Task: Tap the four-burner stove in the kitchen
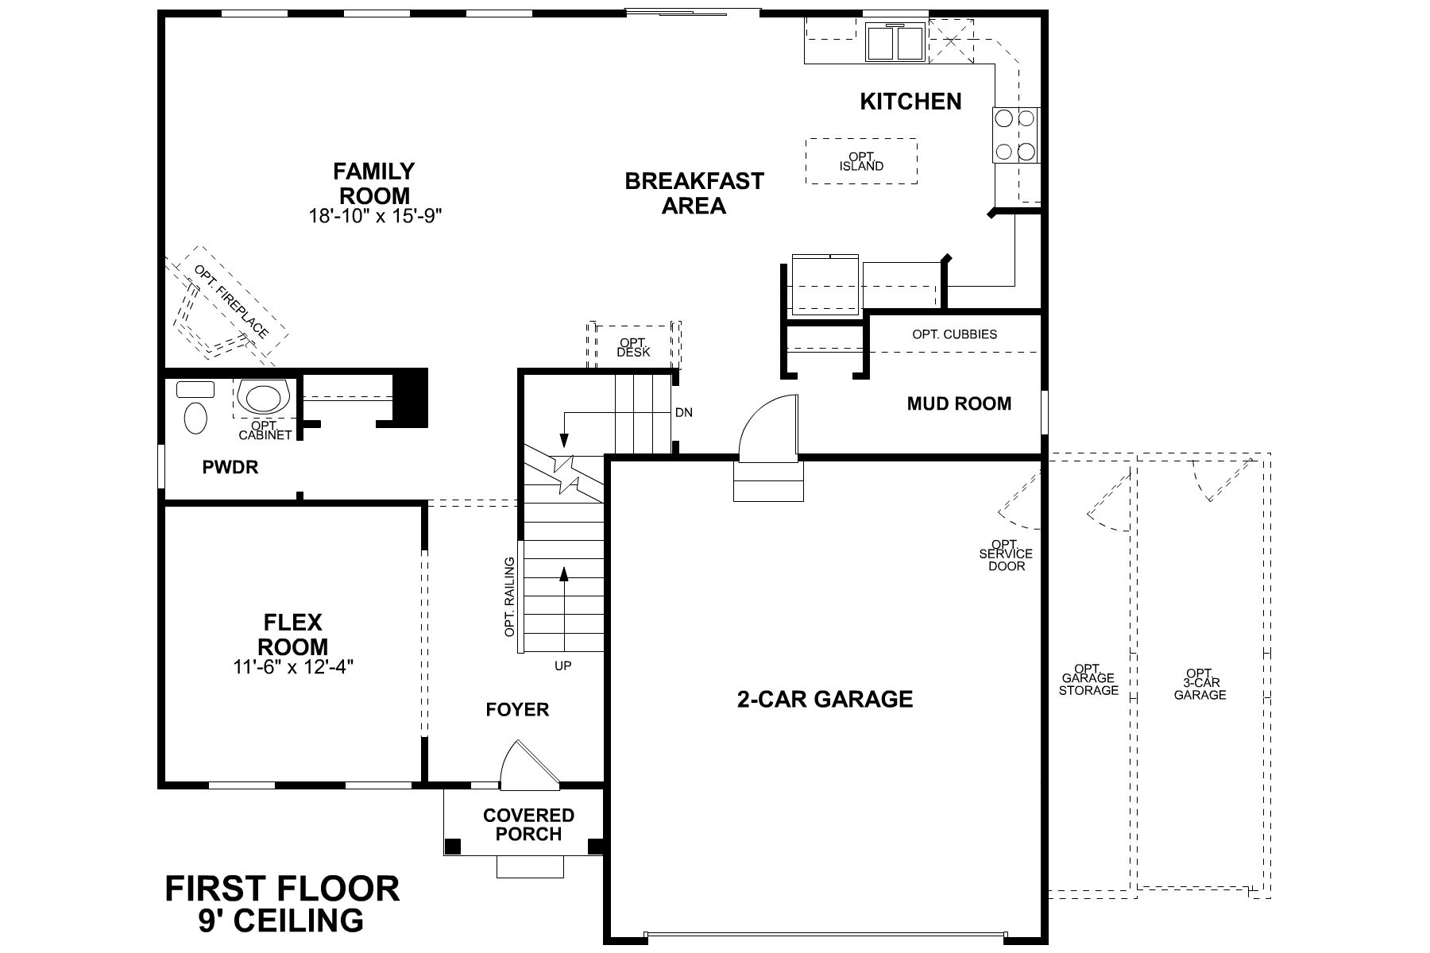[x=1015, y=135]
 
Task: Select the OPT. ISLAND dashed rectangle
[x=861, y=161]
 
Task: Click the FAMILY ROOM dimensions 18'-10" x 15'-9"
[x=373, y=215]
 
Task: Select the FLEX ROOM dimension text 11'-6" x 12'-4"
[x=293, y=667]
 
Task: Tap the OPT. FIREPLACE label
[x=230, y=302]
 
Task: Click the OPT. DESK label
[x=632, y=347]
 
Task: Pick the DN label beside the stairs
[x=684, y=413]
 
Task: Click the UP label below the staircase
[x=562, y=666]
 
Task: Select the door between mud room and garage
[x=767, y=429]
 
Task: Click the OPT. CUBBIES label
[x=954, y=334]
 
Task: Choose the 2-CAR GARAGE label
[x=825, y=699]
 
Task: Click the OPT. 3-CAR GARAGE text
[x=1200, y=685]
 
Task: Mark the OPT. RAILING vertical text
[x=510, y=596]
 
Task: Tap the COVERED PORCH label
[x=528, y=824]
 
